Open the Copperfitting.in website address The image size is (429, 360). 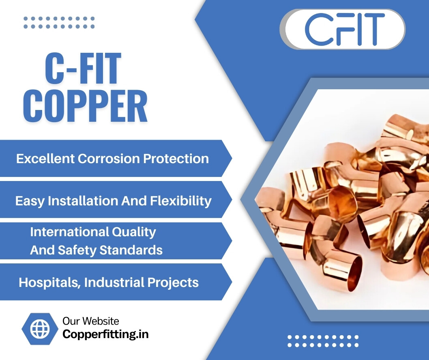tap(105, 334)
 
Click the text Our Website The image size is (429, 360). tap(91, 321)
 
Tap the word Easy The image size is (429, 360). tap(30, 201)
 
